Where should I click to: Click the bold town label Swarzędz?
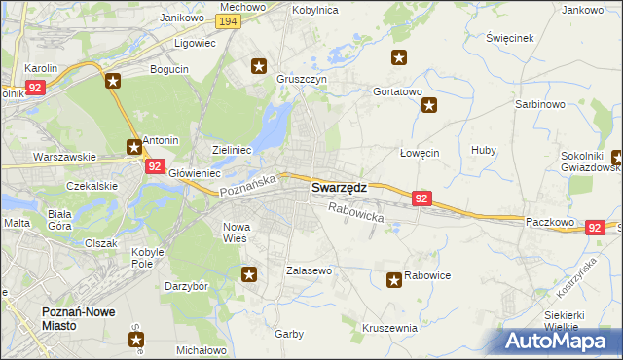coord(339,189)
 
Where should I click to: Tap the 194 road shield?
coord(229,21)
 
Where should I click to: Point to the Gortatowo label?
coord(397,91)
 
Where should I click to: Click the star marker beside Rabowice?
coord(394,280)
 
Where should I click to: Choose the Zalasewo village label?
coord(310,270)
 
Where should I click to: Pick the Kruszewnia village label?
coord(389,328)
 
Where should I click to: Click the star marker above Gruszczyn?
coord(259,66)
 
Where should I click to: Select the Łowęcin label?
coord(421,154)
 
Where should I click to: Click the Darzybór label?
coord(187,288)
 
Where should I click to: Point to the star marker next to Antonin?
coord(133,147)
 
